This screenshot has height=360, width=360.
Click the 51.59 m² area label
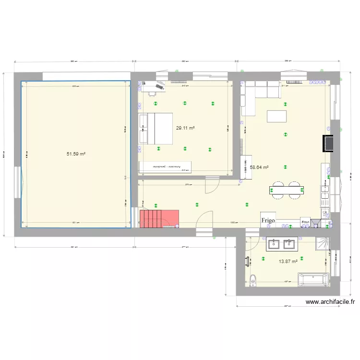[76, 154]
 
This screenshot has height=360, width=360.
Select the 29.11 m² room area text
[185, 128]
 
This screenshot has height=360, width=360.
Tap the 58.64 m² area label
[259, 168]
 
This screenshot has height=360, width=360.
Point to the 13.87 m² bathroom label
[288, 261]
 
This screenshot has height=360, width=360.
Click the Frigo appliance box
[268, 220]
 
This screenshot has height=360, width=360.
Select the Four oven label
[305, 221]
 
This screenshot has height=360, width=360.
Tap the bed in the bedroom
[156, 128]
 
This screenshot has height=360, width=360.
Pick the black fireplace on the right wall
[328, 143]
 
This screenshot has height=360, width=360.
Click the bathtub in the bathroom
[313, 280]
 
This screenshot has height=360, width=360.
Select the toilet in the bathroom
[253, 279]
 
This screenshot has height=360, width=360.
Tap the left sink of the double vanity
[275, 244]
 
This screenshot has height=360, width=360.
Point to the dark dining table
[288, 191]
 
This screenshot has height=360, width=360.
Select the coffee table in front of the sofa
[277, 117]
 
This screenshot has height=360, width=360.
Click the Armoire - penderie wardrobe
[165, 167]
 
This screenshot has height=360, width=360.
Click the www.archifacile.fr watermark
[330, 302]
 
